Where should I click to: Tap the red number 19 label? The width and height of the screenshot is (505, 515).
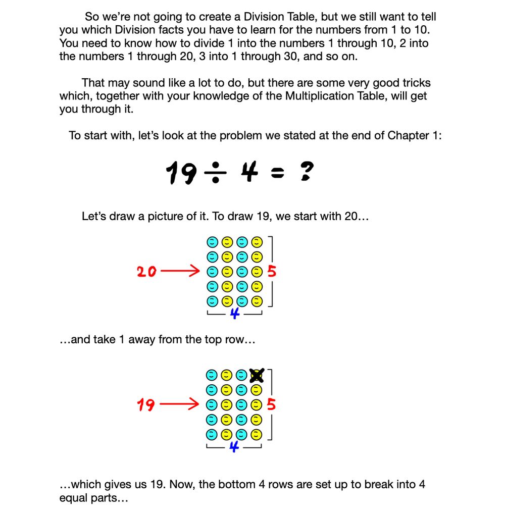point(146,405)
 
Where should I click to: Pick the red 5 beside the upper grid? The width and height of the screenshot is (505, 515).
point(272,272)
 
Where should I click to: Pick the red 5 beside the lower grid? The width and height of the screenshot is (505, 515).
point(272,404)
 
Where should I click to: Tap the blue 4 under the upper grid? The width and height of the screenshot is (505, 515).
point(234,314)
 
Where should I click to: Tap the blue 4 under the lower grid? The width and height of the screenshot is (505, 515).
point(234,446)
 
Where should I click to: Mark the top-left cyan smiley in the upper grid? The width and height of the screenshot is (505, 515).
point(213,242)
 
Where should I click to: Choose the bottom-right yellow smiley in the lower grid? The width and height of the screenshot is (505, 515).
point(257,435)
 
